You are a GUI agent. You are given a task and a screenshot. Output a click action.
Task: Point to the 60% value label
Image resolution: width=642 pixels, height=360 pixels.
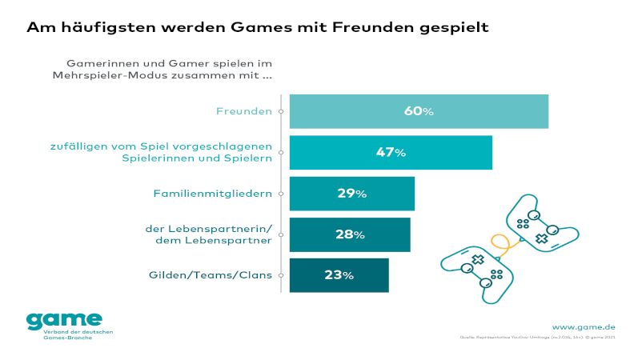(x=419, y=111)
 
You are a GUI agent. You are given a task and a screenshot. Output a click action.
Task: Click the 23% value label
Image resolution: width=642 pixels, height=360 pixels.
(x=339, y=275)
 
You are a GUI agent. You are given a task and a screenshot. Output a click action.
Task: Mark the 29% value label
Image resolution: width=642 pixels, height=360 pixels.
(x=351, y=194)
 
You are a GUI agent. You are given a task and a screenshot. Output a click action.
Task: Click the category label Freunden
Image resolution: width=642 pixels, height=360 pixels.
(x=244, y=111)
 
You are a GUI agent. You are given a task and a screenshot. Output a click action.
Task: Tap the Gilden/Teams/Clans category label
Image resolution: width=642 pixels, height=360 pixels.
(x=211, y=275)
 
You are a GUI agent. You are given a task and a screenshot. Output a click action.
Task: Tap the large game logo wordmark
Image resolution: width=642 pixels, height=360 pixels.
(x=64, y=320)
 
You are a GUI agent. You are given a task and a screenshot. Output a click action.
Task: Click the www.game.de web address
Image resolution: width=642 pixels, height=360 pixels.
(x=584, y=326)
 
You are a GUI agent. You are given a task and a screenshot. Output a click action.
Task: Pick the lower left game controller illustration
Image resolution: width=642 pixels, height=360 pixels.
(x=478, y=272)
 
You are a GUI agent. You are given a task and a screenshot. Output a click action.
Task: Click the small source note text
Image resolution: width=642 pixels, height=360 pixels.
(x=536, y=338)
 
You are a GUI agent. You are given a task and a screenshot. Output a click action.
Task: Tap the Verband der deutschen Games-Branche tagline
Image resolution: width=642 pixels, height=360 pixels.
(x=78, y=334)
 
